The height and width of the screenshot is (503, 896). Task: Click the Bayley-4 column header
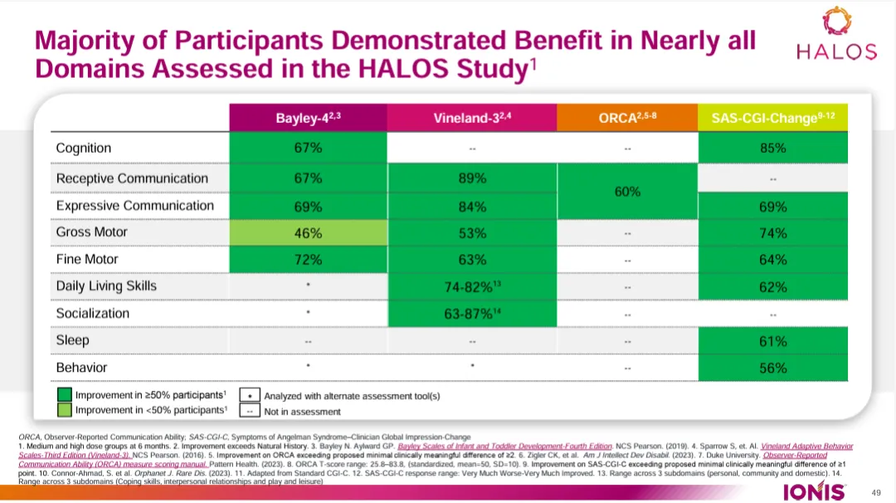point(309,118)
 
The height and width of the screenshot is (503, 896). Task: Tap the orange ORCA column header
point(627,118)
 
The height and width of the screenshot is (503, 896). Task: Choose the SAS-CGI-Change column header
point(772,118)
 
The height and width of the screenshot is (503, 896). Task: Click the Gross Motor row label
point(91,232)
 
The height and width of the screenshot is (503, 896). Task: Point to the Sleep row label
point(72,340)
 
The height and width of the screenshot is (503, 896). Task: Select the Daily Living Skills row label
point(106,286)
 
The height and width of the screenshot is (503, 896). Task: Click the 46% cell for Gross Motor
point(309,232)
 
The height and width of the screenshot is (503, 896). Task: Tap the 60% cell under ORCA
point(627,192)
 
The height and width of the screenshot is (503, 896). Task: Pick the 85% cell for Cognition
point(772,149)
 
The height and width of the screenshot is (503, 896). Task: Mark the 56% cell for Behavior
point(772,368)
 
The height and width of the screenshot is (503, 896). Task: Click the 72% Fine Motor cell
point(309,260)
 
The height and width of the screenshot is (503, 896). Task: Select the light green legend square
point(64,410)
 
